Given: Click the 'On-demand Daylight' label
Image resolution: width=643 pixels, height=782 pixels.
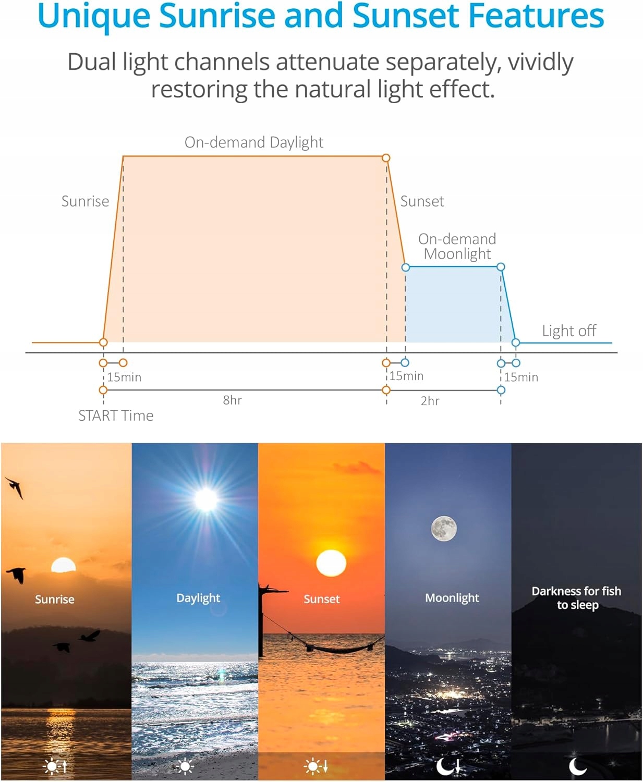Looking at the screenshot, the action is click(x=254, y=142).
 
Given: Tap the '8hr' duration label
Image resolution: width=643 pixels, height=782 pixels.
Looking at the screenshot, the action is click(x=233, y=400).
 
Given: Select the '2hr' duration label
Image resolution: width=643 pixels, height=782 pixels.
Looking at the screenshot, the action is click(x=430, y=401).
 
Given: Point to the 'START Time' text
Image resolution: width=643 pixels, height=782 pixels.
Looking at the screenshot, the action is click(x=116, y=416).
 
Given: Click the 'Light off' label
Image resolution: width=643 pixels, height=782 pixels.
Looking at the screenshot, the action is click(x=569, y=331).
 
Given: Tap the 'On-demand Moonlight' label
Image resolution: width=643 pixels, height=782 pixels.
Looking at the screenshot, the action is click(x=457, y=247).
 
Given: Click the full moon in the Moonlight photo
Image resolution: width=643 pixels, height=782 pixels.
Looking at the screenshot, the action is click(x=444, y=529).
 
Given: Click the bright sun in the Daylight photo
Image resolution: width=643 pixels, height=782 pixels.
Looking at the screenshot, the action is click(x=206, y=499).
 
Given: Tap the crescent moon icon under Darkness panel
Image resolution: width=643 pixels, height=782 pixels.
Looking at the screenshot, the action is click(x=577, y=766).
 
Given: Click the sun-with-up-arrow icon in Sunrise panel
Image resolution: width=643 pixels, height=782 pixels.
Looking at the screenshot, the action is click(x=55, y=766).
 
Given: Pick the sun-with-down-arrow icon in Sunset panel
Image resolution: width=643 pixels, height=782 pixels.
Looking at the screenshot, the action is click(x=316, y=766).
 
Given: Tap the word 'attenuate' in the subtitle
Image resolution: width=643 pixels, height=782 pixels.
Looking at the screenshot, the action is click(x=327, y=62).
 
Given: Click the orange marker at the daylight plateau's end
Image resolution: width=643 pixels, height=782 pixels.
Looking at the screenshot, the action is click(x=386, y=158).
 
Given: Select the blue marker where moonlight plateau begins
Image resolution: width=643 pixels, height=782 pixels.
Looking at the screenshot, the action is click(x=406, y=267).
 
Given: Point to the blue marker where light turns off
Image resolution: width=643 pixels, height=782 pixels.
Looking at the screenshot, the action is click(x=516, y=343).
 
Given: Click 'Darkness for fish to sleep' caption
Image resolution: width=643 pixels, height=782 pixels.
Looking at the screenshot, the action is click(x=577, y=598).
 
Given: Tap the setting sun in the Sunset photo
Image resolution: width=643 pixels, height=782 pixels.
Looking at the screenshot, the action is click(x=331, y=563).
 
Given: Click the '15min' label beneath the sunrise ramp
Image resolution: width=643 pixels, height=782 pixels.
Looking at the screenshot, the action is click(x=124, y=377).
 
